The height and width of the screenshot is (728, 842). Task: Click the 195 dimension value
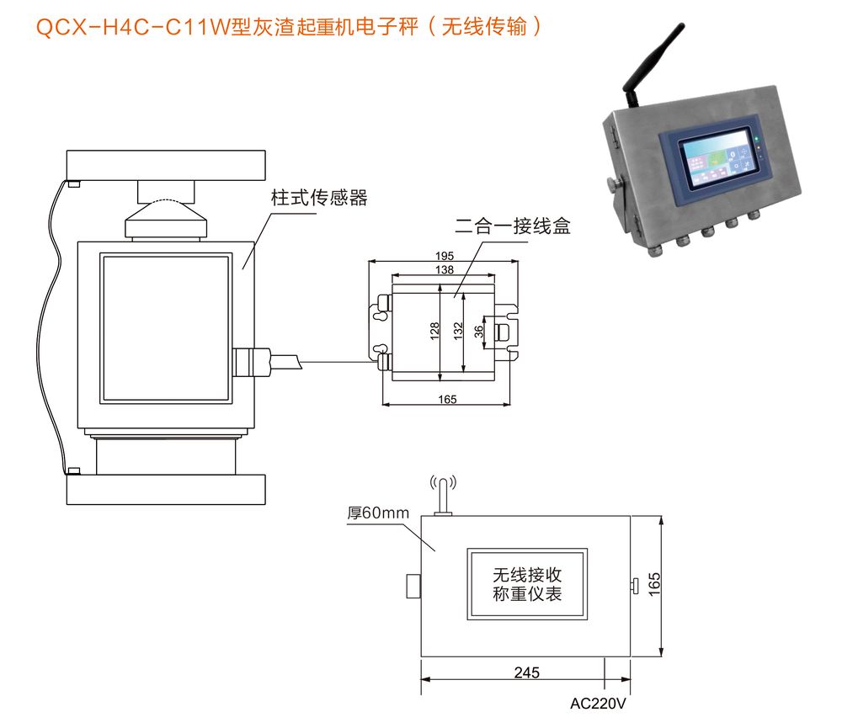click(444, 256)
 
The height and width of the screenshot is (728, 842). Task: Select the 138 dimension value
click(444, 269)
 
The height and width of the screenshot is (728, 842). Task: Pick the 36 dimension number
click(478, 332)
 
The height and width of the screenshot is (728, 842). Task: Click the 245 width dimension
click(526, 672)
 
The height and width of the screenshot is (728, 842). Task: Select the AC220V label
click(598, 704)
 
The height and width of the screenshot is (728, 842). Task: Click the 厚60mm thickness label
click(378, 513)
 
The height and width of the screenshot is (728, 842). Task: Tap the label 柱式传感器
click(319, 198)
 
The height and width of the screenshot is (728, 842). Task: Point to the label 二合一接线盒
click(512, 226)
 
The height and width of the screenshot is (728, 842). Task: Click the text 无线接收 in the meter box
click(527, 575)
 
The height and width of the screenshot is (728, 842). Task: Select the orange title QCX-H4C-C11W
click(133, 26)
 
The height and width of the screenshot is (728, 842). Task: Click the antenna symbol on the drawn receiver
click(443, 495)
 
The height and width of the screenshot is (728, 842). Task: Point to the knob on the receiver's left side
click(413, 586)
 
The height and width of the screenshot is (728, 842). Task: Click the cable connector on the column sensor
click(251, 362)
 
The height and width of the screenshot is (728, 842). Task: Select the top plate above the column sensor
click(166, 165)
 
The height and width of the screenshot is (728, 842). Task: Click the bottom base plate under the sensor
click(166, 490)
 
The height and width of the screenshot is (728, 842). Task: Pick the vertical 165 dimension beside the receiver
click(654, 585)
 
